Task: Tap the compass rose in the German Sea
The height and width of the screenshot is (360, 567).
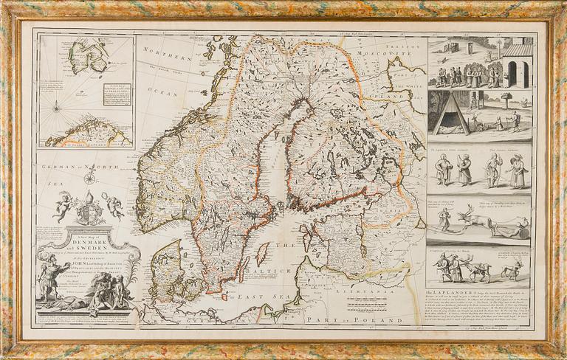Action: point(89,177)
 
